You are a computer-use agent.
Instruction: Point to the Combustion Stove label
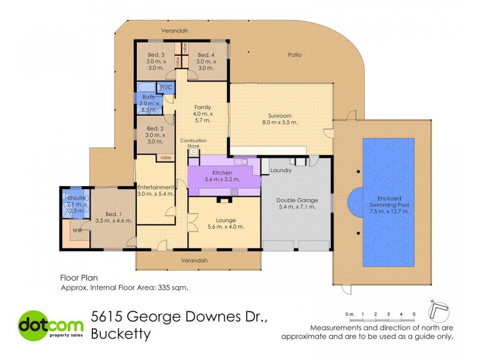click(194, 143)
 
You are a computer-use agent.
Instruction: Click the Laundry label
click(281, 170)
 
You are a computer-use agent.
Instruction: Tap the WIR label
click(76, 230)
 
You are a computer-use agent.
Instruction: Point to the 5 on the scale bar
click(414, 314)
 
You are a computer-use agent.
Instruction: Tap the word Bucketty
click(120, 336)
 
